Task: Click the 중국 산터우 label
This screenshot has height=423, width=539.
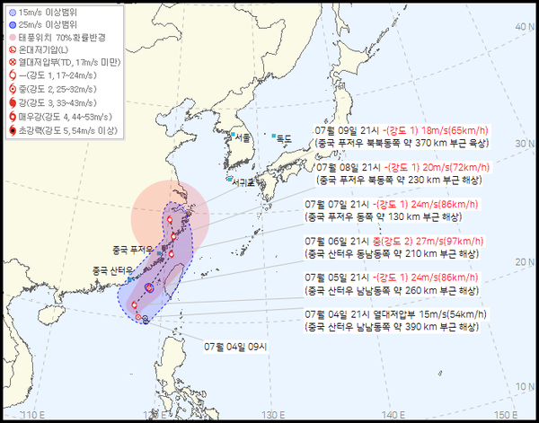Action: (x=110, y=270)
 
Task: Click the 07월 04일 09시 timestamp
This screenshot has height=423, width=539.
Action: (x=234, y=346)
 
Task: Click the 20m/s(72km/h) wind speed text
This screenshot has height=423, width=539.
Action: (x=455, y=167)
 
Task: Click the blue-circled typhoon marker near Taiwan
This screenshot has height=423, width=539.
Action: (x=148, y=286)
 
